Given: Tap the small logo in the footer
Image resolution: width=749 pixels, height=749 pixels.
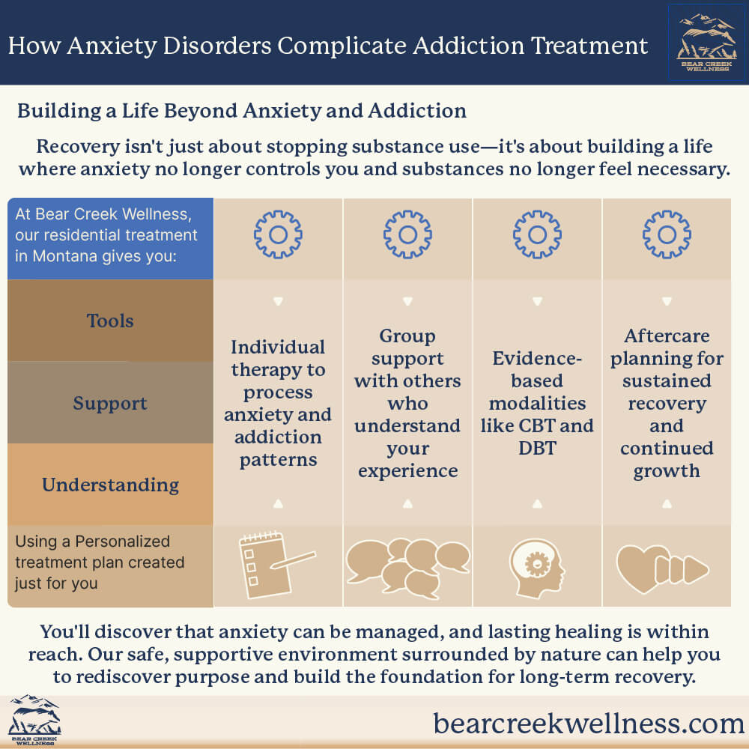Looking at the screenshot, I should pyautogui.click(x=34, y=721).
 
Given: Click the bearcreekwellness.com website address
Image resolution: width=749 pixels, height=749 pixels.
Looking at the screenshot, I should pyautogui.click(x=589, y=723).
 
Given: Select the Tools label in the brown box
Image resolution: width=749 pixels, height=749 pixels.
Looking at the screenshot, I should pyautogui.click(x=110, y=321).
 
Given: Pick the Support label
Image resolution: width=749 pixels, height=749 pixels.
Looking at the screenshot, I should pyautogui.click(x=110, y=403).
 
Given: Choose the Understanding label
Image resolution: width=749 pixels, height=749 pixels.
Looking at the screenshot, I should pyautogui.click(x=110, y=485).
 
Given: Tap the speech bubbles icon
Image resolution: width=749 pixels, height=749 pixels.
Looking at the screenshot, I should pyautogui.click(x=407, y=566).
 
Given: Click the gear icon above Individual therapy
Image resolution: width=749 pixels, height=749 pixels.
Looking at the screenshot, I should pyautogui.click(x=278, y=234).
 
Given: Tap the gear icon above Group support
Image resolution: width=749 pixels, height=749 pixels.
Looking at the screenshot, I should pyautogui.click(x=407, y=234).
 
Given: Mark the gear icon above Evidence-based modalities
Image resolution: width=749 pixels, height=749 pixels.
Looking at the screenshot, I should pyautogui.click(x=537, y=234).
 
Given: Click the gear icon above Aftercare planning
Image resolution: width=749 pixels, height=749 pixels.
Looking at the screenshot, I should pyautogui.click(x=667, y=234).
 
